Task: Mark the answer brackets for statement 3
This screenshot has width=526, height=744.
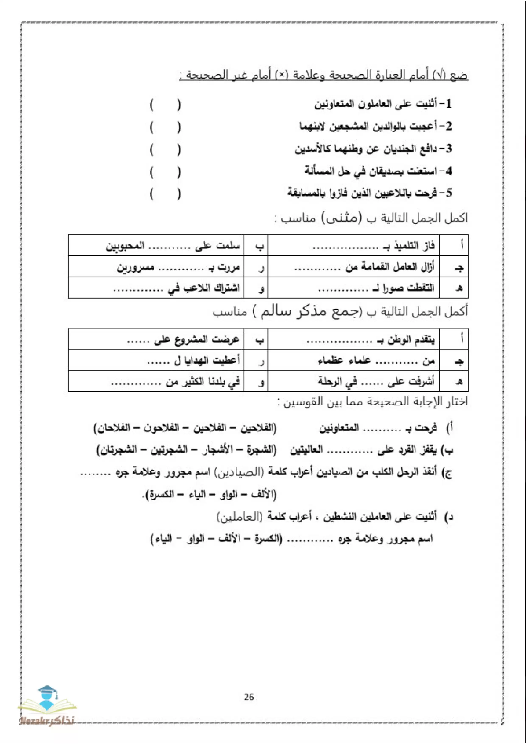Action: click(x=165, y=150)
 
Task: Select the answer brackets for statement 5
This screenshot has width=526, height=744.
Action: click(x=165, y=194)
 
